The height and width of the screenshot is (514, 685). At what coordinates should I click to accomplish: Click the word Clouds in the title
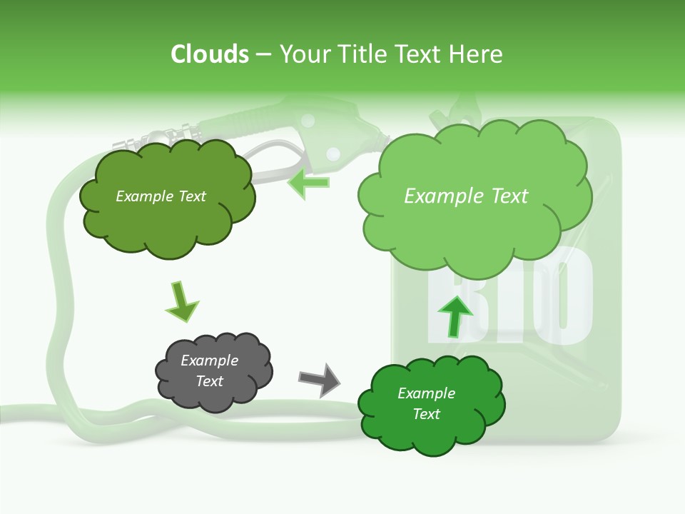point(210,54)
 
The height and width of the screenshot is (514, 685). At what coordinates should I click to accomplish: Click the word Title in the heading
point(361,54)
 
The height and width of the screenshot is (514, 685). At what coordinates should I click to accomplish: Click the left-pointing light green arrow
point(308,183)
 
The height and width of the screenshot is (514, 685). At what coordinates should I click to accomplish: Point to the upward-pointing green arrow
point(455,316)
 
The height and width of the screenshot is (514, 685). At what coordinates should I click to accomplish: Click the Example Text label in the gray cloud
point(210,371)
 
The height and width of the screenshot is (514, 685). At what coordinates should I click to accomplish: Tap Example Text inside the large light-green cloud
point(466,196)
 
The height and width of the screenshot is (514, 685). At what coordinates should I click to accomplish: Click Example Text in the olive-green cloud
point(161,196)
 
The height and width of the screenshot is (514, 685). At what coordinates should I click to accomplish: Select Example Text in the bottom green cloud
point(426,403)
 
